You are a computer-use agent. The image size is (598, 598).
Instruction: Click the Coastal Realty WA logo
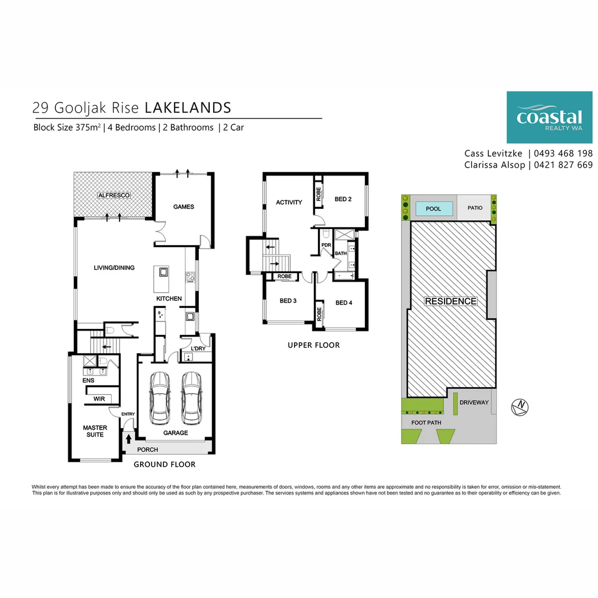(549, 117)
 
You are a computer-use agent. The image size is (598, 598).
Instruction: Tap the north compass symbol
(520, 407)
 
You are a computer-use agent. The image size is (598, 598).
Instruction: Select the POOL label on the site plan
(433, 209)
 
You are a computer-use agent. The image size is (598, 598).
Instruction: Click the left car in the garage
(159, 396)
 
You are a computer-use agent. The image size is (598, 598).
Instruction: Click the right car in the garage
(192, 396)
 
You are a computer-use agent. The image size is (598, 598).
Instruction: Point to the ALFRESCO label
(114, 195)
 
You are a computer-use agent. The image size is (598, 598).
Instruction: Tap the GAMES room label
(184, 207)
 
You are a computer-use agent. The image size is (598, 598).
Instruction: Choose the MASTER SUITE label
(95, 431)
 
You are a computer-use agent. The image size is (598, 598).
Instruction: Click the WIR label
(99, 399)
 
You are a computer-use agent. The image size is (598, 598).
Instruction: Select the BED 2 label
(343, 199)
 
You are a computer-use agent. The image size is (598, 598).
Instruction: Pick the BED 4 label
(343, 302)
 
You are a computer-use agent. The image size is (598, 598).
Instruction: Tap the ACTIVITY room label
(289, 202)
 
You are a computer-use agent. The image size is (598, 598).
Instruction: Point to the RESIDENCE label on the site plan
(450, 301)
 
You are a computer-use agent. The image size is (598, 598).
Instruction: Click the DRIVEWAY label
(474, 402)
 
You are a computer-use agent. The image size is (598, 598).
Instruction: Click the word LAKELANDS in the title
(188, 107)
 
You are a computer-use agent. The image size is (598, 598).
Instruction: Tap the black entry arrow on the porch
(129, 439)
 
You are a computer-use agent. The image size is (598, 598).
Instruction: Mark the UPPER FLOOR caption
(313, 345)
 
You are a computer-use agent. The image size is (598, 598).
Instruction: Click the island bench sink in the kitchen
(164, 271)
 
